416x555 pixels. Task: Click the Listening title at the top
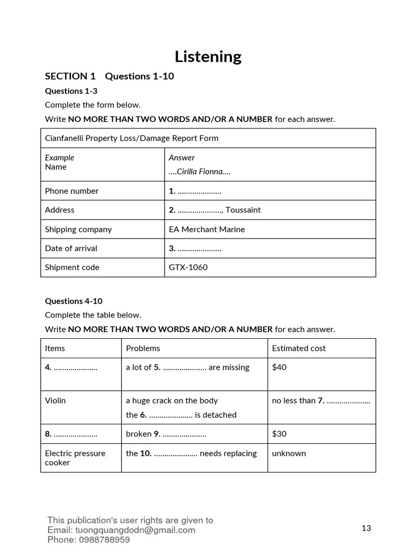pos(208,56)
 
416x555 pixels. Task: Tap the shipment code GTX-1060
pos(188,267)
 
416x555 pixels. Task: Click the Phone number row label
pos(71,191)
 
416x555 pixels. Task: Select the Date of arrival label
pos(71,248)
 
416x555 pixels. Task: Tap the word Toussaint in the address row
pos(243,210)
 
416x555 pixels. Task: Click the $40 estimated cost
pos(279,367)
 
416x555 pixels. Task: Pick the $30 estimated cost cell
pos(279,434)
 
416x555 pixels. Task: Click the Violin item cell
pos(55,401)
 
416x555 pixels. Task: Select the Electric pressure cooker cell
pos(75,458)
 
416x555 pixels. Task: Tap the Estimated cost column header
pos(298,348)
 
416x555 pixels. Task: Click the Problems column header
pos(143,348)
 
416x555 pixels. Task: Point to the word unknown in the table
pos(289,453)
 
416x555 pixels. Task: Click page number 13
pos(366,528)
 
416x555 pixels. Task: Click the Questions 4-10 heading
pos(74,301)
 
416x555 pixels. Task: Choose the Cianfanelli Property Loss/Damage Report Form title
pos(132,138)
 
